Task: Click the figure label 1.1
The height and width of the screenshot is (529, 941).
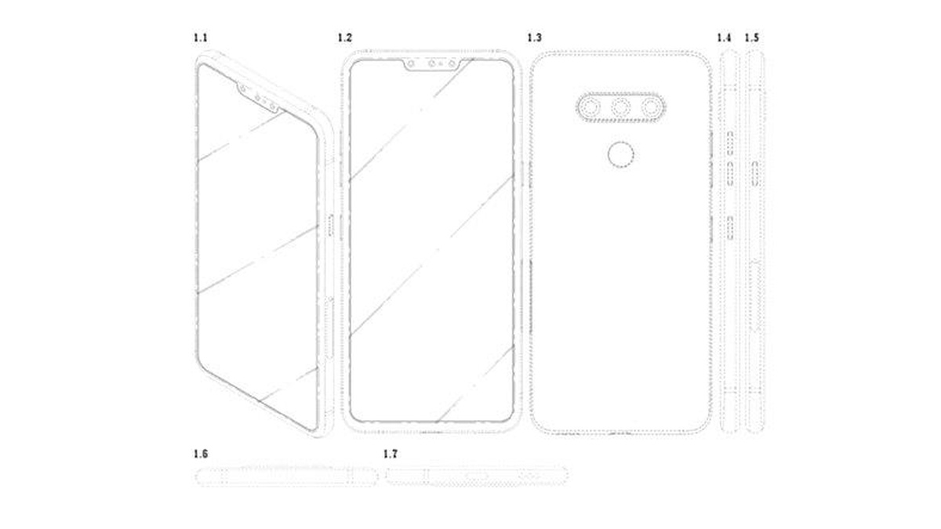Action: (201, 38)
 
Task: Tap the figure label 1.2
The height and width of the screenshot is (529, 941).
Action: (345, 38)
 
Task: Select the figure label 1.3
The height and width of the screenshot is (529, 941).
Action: (534, 38)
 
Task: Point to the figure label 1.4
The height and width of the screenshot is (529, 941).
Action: (724, 38)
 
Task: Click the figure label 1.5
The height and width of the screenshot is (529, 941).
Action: (752, 38)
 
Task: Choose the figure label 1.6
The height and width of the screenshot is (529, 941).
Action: (201, 454)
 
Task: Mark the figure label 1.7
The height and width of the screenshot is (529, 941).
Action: (391, 454)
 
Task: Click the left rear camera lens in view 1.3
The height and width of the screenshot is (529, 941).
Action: (590, 108)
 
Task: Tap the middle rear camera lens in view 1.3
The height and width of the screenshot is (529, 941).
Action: (621, 108)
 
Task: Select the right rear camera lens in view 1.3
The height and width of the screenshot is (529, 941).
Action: (652, 108)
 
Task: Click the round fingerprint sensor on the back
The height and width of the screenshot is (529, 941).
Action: (621, 154)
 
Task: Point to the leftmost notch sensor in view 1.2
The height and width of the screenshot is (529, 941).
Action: (411, 63)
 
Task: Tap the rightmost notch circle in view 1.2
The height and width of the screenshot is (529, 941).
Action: (452, 63)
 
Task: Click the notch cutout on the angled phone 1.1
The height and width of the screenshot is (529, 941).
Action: (257, 99)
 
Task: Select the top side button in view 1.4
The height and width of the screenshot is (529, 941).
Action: (730, 143)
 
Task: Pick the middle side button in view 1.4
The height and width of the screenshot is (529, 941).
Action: (730, 174)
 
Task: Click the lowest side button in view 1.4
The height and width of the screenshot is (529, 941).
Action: (730, 228)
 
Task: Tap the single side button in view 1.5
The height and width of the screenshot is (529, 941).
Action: (755, 174)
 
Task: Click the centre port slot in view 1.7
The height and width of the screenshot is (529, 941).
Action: (477, 476)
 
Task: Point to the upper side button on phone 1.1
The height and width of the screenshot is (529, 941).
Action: (331, 226)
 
